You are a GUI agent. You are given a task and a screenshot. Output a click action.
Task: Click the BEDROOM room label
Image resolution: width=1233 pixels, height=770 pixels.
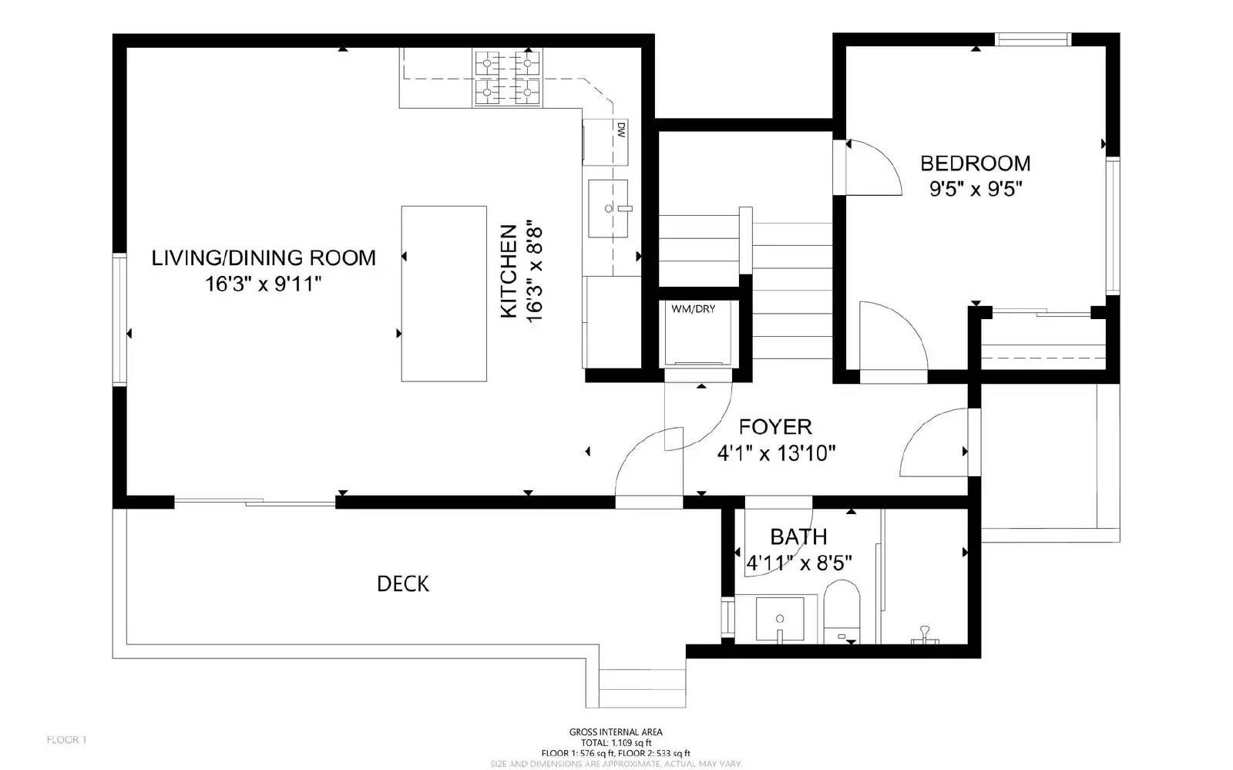click(975, 163)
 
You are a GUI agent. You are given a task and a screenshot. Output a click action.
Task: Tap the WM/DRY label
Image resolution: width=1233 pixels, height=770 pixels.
click(693, 309)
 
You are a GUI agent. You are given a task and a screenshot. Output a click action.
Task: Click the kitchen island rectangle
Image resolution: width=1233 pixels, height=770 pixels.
click(443, 294)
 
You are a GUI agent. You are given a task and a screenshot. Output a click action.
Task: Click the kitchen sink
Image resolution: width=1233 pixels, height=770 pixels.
click(608, 207)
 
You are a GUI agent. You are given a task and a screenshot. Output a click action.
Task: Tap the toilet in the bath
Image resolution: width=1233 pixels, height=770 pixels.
click(842, 611)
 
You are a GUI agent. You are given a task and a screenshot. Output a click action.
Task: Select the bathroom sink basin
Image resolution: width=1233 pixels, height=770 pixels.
click(780, 619)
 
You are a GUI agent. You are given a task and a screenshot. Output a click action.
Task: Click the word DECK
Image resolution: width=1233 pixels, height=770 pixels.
click(402, 584)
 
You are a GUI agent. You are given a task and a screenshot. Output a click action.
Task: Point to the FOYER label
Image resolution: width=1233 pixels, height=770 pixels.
click(775, 427)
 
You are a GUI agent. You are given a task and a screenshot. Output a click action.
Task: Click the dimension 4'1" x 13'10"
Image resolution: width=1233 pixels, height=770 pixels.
click(776, 453)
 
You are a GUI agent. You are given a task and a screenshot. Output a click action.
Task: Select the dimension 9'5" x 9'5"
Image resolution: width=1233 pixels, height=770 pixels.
click(975, 190)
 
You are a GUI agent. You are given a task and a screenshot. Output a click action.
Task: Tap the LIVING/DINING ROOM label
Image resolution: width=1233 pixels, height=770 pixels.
click(264, 257)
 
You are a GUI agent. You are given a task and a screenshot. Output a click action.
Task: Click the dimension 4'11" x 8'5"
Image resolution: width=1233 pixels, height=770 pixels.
click(799, 563)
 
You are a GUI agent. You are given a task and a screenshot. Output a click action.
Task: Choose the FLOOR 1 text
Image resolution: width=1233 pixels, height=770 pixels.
click(67, 740)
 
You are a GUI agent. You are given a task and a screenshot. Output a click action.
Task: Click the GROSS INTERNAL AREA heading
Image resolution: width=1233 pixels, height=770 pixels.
click(615, 732)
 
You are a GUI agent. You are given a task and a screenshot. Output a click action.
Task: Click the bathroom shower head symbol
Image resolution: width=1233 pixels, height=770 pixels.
click(923, 636)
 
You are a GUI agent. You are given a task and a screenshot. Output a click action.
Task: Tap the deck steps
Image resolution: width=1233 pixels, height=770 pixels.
click(642, 688)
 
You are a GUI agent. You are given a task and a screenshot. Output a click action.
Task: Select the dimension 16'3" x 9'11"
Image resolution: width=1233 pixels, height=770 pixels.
click(262, 284)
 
